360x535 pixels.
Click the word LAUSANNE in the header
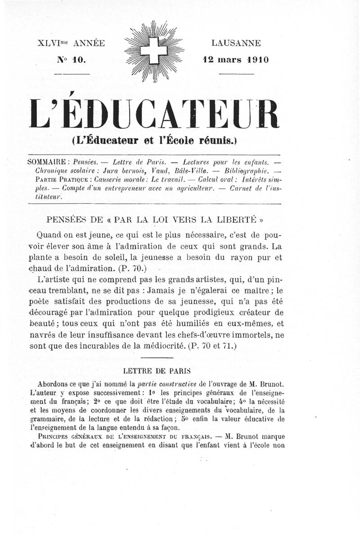pyautogui.click(x=236, y=43)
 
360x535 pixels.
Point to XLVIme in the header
pyautogui.click(x=55, y=44)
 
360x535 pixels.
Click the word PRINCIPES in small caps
pyautogui.click(x=56, y=437)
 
